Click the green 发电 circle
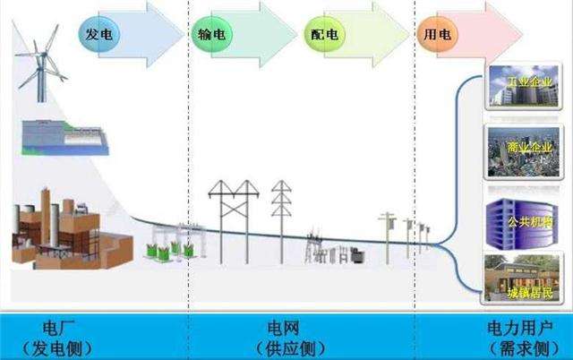(98, 35)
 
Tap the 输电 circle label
(210, 35)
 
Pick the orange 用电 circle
(437, 35)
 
